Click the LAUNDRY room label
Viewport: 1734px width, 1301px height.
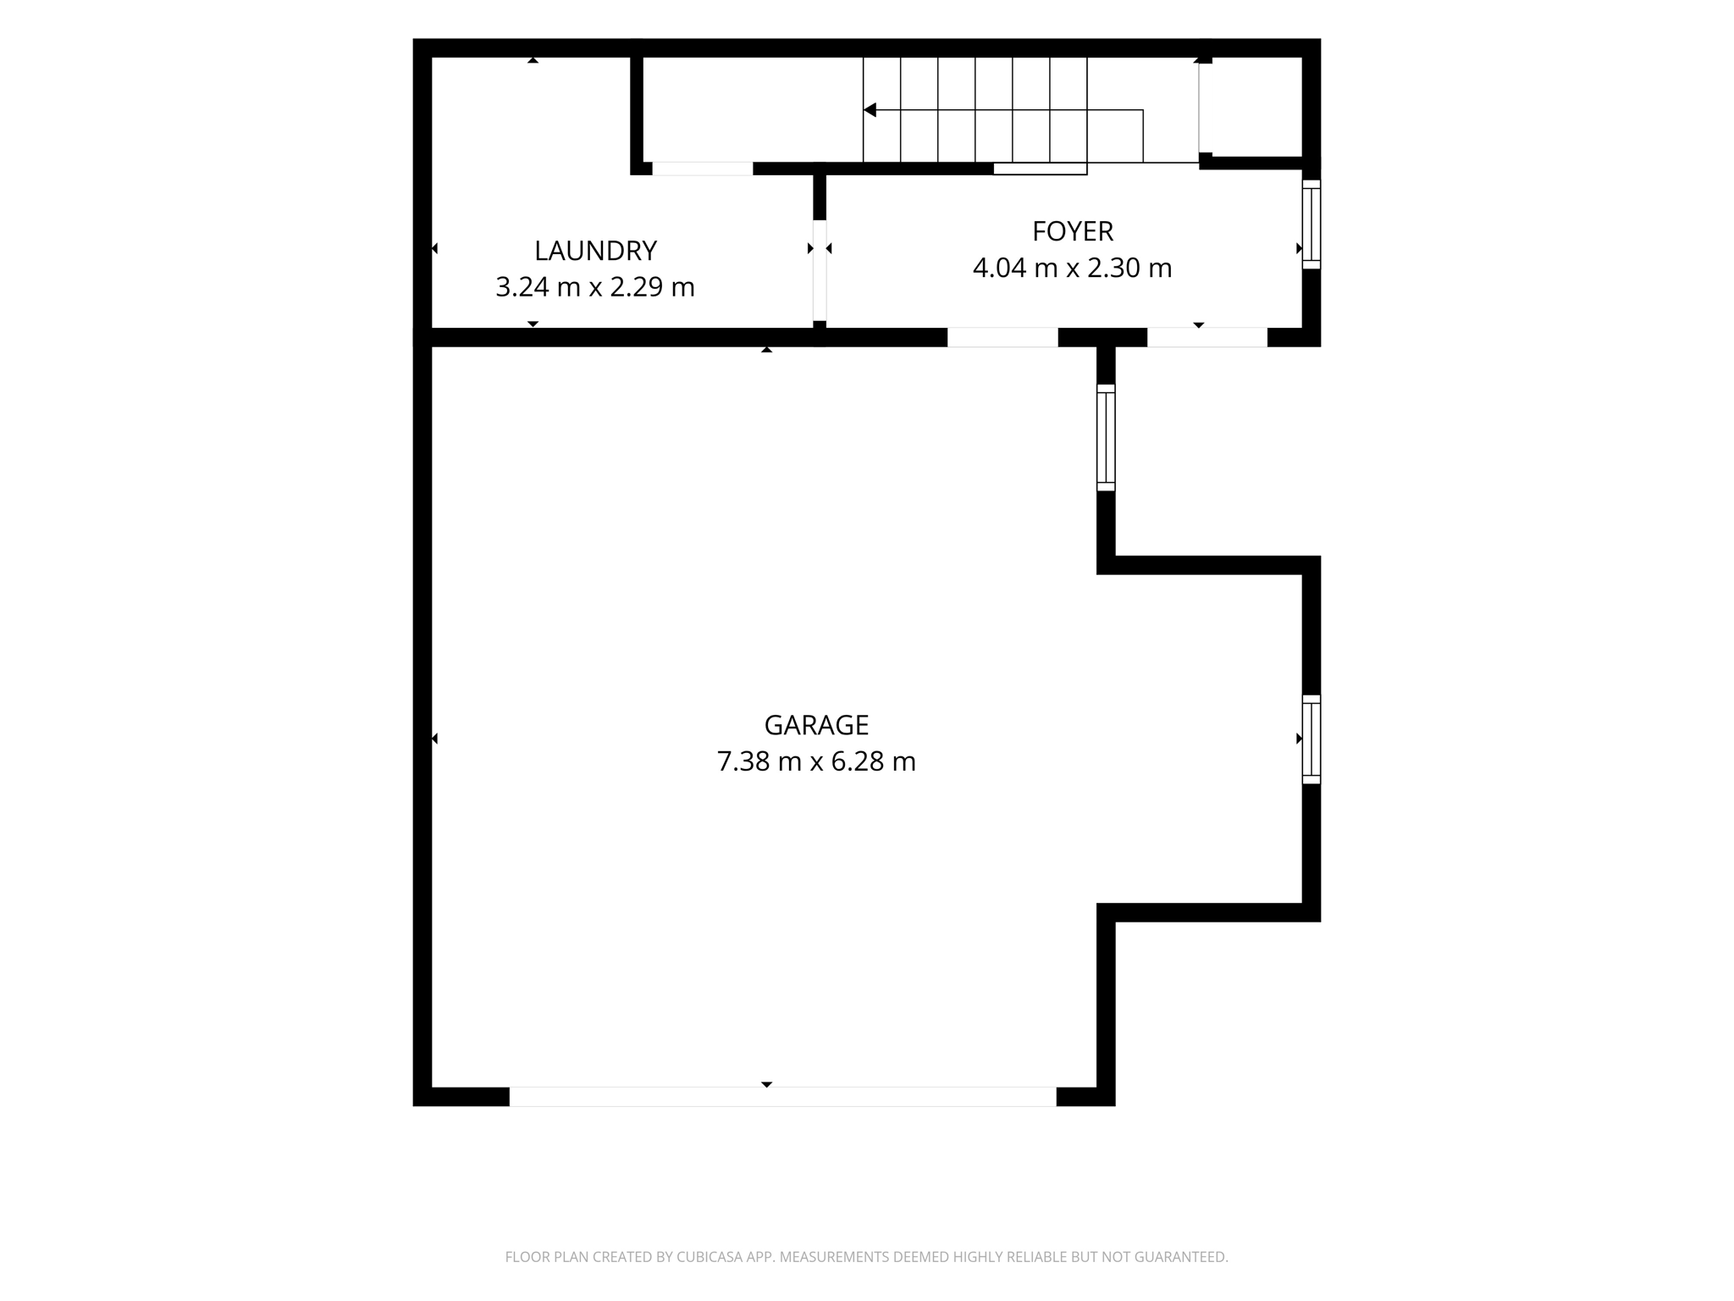(595, 251)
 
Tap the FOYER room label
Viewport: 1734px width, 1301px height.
(1072, 231)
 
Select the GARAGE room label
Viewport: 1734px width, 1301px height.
(816, 725)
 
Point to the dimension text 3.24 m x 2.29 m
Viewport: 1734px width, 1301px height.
(595, 287)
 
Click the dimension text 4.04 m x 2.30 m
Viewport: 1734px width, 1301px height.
(1072, 268)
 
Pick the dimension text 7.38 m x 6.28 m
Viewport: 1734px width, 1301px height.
(816, 761)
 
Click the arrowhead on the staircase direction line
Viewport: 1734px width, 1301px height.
(870, 110)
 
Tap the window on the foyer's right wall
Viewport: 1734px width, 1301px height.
(1311, 224)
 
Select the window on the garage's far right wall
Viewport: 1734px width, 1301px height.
(1311, 739)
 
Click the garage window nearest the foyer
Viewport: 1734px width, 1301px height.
(1106, 438)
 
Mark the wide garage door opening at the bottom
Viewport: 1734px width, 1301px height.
(782, 1096)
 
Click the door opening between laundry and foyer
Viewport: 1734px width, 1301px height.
(820, 271)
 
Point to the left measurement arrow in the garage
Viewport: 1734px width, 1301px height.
(435, 739)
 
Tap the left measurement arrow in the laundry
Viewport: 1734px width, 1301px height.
(435, 248)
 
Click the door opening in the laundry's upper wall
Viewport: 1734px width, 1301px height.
(702, 169)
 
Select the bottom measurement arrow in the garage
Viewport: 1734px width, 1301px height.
(766, 1084)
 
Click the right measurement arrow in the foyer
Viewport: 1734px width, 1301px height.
(1299, 248)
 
